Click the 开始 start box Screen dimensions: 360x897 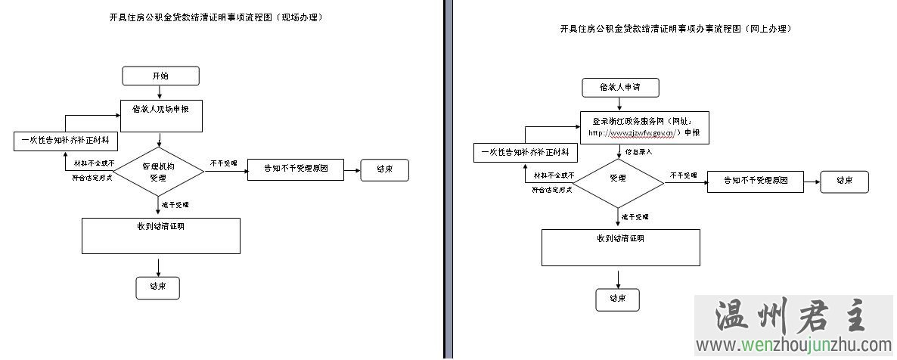[x=160, y=76]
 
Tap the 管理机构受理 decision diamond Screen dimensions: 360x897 [x=158, y=172]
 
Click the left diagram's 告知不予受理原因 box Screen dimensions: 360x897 [x=296, y=169]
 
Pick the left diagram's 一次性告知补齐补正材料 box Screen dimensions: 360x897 [x=64, y=141]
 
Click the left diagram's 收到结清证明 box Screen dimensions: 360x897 [x=160, y=236]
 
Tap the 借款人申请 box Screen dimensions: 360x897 [x=619, y=88]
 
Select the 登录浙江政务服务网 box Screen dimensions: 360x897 [x=644, y=127]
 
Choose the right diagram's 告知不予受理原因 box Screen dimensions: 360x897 [x=756, y=182]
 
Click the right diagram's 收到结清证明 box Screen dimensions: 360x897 [x=620, y=248]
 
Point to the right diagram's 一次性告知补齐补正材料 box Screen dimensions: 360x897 [x=525, y=154]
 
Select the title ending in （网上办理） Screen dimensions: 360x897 [x=675, y=29]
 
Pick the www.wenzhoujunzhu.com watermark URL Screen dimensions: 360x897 [x=794, y=346]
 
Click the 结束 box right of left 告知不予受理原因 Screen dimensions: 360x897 [x=384, y=169]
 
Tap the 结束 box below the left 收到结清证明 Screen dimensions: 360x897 [x=158, y=287]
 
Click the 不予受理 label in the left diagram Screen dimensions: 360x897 [x=223, y=163]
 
